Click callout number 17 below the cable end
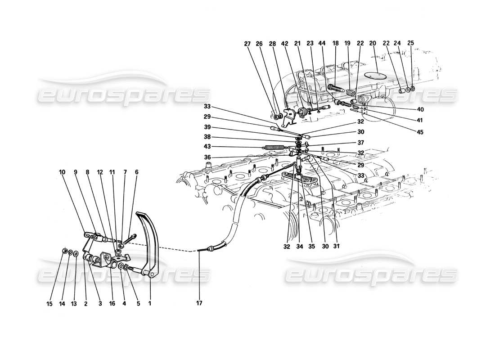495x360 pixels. click(x=199, y=303)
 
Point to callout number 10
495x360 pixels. click(x=62, y=172)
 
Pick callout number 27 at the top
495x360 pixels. click(x=247, y=44)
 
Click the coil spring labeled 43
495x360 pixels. click(x=275, y=147)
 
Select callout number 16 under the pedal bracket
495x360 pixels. click(x=111, y=303)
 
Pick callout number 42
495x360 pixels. click(x=285, y=44)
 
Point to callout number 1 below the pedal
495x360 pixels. click(x=149, y=303)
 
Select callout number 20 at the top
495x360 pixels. click(x=372, y=44)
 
